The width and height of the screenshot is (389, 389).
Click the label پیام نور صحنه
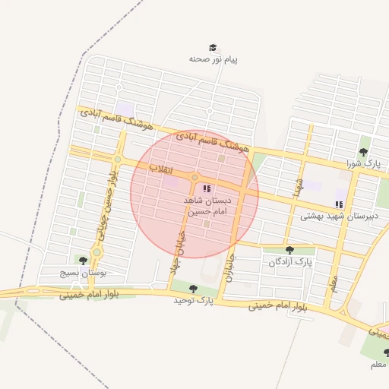pyautogui.click(x=213, y=59)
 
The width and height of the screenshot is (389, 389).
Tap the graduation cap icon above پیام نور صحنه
pyautogui.click(x=213, y=47)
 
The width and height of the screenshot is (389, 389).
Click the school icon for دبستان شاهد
pyautogui.click(x=207, y=188)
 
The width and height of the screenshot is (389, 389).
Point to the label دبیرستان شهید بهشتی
pyautogui.click(x=333, y=216)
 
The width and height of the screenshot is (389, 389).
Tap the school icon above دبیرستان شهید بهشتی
pyautogui.click(x=339, y=204)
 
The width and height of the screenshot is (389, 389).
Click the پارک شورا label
pyautogui.click(x=362, y=163)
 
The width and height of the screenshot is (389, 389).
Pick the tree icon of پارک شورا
pyautogui.click(x=363, y=152)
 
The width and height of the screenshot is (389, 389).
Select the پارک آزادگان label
pyautogui.click(x=290, y=262)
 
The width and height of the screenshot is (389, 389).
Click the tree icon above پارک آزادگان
pyautogui.click(x=289, y=250)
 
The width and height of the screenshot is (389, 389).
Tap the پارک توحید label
pyautogui.click(x=193, y=302)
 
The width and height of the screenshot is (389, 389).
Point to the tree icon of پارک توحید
pyautogui.click(x=193, y=289)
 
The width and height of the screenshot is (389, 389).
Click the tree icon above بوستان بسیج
pyautogui.click(x=82, y=261)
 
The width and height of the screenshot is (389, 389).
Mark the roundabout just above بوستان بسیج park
pyautogui.click(x=96, y=252)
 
